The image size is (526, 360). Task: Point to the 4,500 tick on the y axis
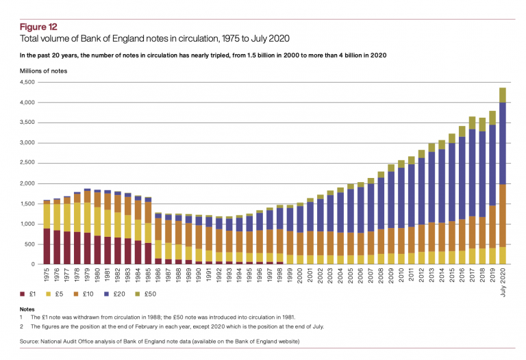point(27,82)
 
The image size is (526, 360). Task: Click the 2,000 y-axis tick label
point(27,183)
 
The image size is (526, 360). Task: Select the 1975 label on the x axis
point(47,274)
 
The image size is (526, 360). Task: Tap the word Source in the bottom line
point(31,340)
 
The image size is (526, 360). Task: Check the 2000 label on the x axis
point(299,274)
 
